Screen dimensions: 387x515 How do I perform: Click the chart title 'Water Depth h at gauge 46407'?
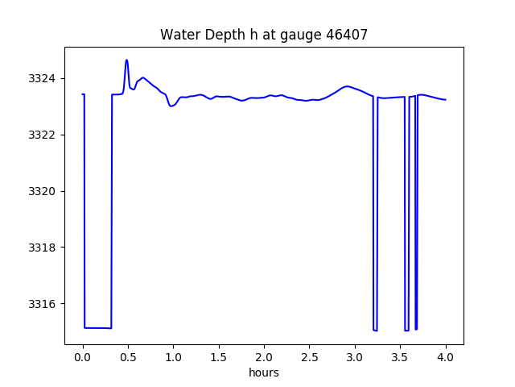click(263, 35)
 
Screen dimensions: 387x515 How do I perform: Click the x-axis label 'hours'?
click(264, 373)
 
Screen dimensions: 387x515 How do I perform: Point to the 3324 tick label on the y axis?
click(43, 79)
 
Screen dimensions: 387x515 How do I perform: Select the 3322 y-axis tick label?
click(43, 135)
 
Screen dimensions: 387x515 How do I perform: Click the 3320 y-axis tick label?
click(43, 191)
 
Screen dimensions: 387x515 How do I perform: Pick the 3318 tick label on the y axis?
click(43, 248)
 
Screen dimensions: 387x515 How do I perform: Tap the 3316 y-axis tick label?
click(43, 304)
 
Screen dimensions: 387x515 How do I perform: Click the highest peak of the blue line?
click(126, 60)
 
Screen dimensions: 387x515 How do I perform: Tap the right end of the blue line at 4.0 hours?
click(445, 100)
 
